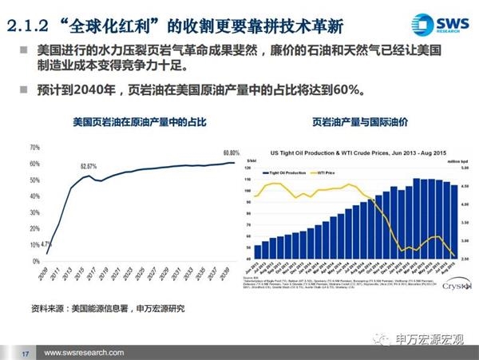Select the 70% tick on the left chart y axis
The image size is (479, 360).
(x=34, y=148)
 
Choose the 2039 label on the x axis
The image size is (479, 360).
(x=231, y=278)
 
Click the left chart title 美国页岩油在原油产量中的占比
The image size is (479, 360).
(x=128, y=123)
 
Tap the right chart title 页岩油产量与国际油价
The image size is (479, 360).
(x=359, y=123)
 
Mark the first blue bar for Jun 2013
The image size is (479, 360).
(x=258, y=251)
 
